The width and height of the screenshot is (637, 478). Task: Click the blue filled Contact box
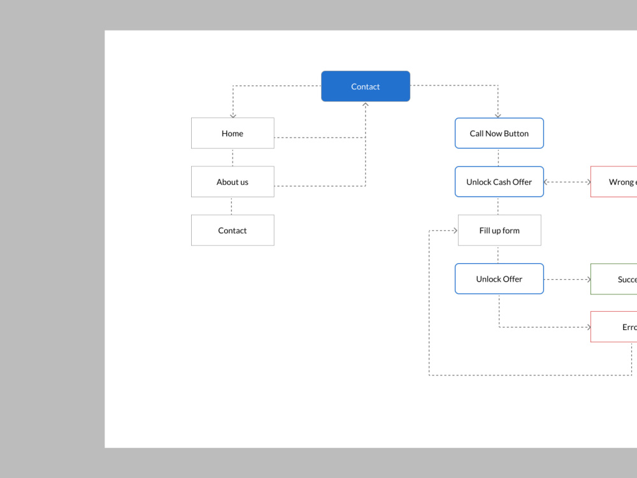pos(365,86)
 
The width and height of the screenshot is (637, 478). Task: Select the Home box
pos(233,133)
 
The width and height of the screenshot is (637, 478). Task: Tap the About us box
pos(233,182)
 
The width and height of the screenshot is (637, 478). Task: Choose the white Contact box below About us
pos(233,230)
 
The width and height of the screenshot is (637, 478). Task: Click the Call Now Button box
pos(499,133)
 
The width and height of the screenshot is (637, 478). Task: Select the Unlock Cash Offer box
pos(499,182)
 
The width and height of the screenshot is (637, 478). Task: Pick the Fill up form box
pos(499,230)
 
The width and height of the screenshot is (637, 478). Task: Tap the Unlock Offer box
pos(499,279)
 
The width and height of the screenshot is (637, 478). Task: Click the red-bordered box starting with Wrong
pos(615,182)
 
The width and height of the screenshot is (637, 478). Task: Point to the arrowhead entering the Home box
pos(233,115)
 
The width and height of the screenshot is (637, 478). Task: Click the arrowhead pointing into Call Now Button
pos(498,115)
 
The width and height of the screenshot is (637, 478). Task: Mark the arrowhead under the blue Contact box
pos(366,105)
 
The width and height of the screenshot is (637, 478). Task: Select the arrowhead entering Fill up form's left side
pos(454,230)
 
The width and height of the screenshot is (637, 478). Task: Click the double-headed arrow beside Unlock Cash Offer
pos(567,182)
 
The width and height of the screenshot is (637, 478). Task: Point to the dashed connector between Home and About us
pos(233,157)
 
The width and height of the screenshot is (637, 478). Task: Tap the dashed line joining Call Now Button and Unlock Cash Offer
pos(498,157)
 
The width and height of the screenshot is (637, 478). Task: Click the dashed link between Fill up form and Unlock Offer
pos(498,254)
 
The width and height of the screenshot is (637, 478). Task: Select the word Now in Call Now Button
pos(494,133)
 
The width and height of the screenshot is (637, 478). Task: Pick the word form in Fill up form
pos(510,230)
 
